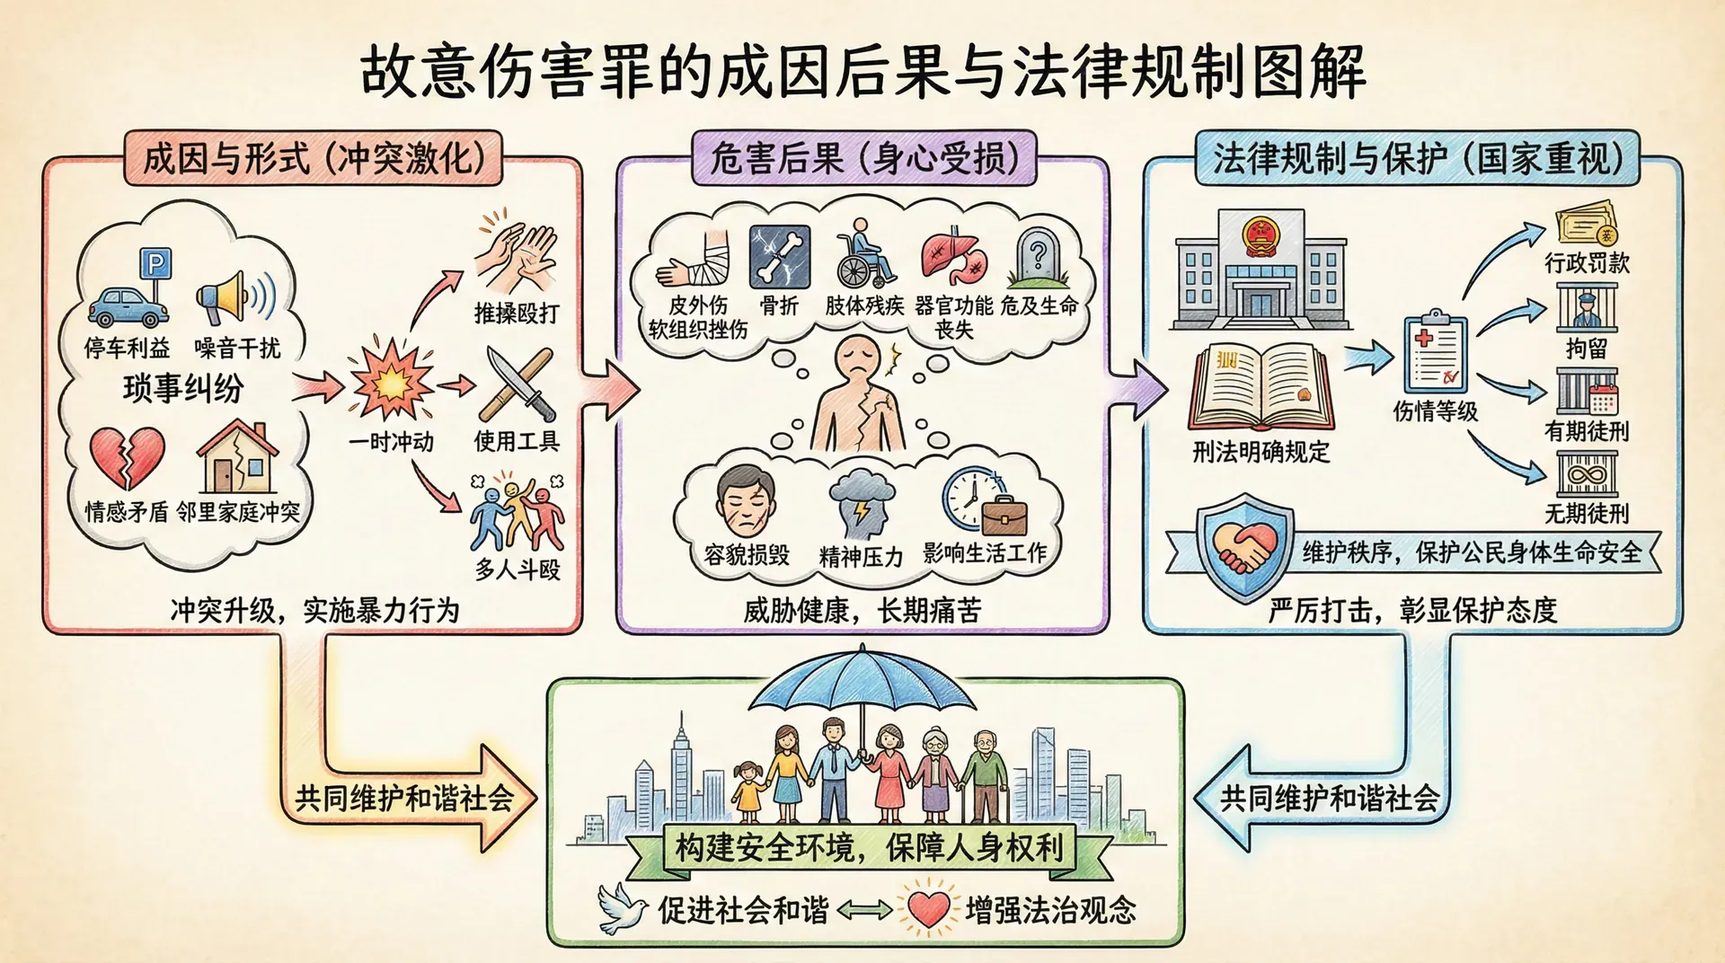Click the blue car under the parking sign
(x=128, y=307)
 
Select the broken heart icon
(x=127, y=457)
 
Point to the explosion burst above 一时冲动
(x=392, y=383)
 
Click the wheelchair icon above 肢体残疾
(x=864, y=255)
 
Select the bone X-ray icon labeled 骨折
(x=779, y=257)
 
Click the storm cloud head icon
(x=861, y=503)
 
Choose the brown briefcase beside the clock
(x=1004, y=515)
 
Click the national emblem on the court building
(x=1260, y=236)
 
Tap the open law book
(x=1261, y=388)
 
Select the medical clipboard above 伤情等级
(x=1435, y=354)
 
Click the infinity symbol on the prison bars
(x=1587, y=473)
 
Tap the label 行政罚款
(x=1587, y=263)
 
